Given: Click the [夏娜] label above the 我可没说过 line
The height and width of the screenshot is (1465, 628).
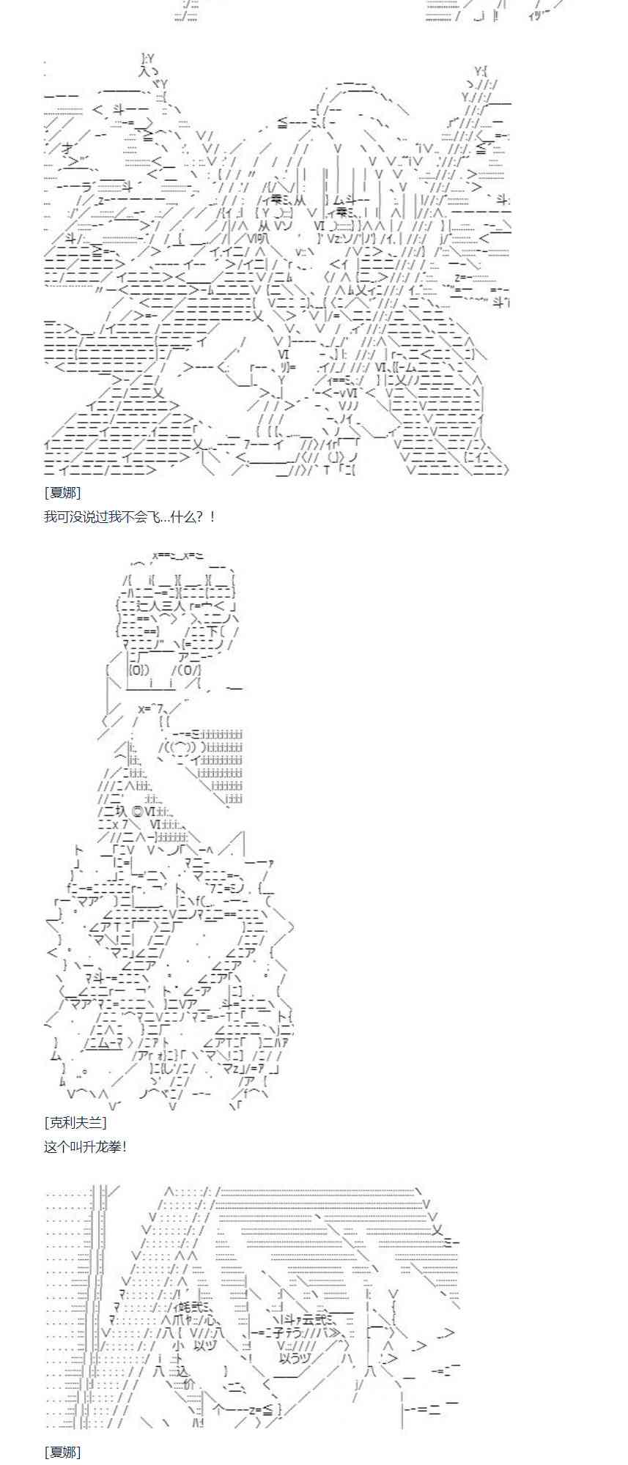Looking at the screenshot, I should pyautogui.click(x=62, y=492).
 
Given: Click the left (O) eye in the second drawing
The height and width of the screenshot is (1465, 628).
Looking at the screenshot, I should pyautogui.click(x=139, y=670).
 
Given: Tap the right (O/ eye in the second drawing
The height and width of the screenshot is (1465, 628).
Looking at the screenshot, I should pyautogui.click(x=186, y=670).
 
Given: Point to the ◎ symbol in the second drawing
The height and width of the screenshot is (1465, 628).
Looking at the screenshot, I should pyautogui.click(x=135, y=811).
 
